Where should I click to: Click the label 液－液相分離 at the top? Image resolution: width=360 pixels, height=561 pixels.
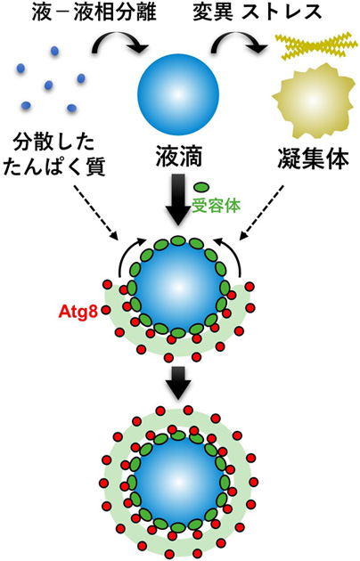pos(94,12)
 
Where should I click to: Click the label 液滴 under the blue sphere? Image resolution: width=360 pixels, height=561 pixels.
pos(178,157)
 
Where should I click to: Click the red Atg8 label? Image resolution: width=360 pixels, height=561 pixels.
pos(78,312)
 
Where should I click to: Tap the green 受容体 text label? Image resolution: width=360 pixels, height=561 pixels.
pos(217,206)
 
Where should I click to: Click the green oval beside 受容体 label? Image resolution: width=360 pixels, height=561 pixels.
pos(201,187)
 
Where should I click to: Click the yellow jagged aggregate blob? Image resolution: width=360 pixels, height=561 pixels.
pos(311,102)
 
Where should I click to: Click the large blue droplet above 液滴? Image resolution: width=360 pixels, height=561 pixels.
pos(178,94)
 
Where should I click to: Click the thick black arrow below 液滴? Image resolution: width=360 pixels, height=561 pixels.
pos(178,200)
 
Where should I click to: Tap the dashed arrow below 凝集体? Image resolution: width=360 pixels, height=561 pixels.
pos(262,213)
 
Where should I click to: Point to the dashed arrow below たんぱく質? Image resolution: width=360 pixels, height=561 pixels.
pos(95,213)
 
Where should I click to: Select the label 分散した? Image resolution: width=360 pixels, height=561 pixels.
pos(53,142)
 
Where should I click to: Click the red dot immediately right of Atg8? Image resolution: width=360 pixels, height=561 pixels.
pos(106,310)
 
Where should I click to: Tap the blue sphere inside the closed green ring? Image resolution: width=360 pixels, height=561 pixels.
pos(178,481)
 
